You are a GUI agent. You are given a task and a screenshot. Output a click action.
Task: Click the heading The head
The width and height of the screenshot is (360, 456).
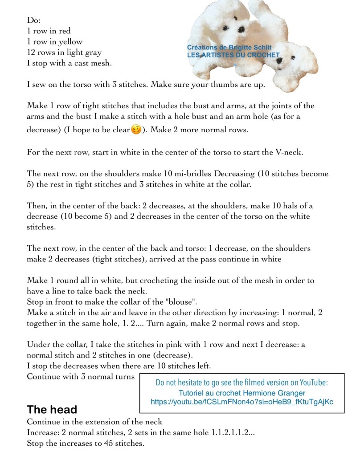tap(52, 409)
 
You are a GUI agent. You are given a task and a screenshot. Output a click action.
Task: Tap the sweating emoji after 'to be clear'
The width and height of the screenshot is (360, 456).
tap(136, 130)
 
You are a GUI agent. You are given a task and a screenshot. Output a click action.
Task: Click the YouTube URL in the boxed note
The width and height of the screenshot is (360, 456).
tap(242, 402)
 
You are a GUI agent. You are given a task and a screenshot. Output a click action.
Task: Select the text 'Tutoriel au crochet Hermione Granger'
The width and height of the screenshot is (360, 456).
tap(242, 393)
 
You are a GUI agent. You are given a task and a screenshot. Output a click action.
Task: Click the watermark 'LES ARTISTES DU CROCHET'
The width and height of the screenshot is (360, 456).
tap(233, 55)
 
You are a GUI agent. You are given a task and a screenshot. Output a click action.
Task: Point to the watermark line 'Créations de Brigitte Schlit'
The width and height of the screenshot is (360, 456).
tap(229, 48)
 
